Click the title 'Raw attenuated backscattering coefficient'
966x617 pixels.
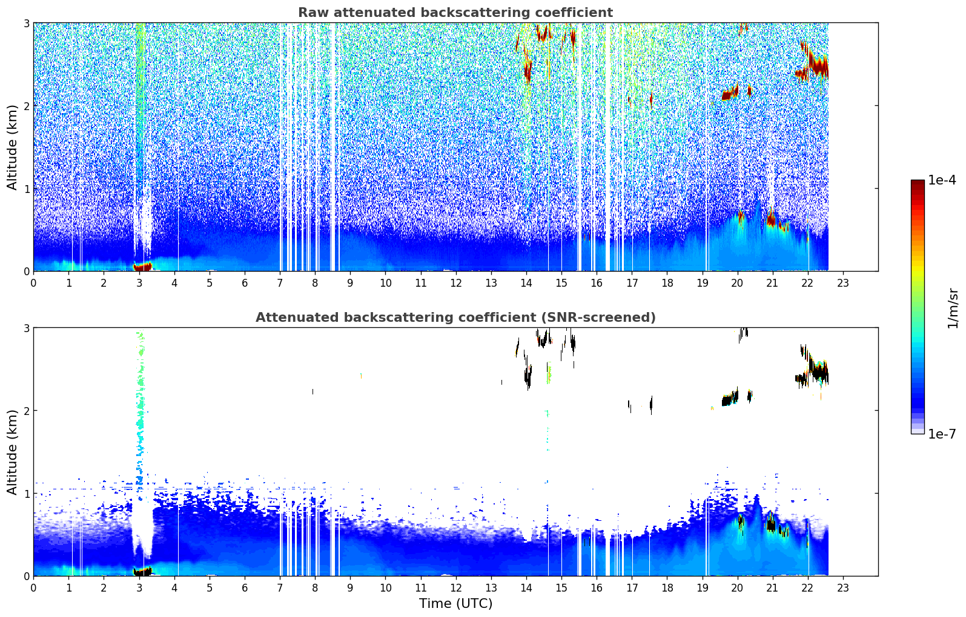(455, 13)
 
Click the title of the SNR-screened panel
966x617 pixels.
(455, 317)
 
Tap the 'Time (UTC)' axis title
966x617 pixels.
(455, 603)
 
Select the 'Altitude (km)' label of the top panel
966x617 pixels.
(12, 148)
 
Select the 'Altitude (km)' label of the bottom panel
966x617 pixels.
(12, 452)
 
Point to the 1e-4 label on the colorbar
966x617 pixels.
(942, 180)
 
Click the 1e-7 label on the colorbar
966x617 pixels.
(942, 434)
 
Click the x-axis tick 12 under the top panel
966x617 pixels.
(456, 283)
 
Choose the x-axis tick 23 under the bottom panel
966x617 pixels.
(842, 588)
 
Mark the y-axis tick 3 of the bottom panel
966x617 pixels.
(26, 328)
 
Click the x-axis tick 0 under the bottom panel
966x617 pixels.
(34, 588)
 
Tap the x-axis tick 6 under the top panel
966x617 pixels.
(245, 283)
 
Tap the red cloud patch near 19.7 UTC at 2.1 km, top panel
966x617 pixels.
(730, 93)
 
